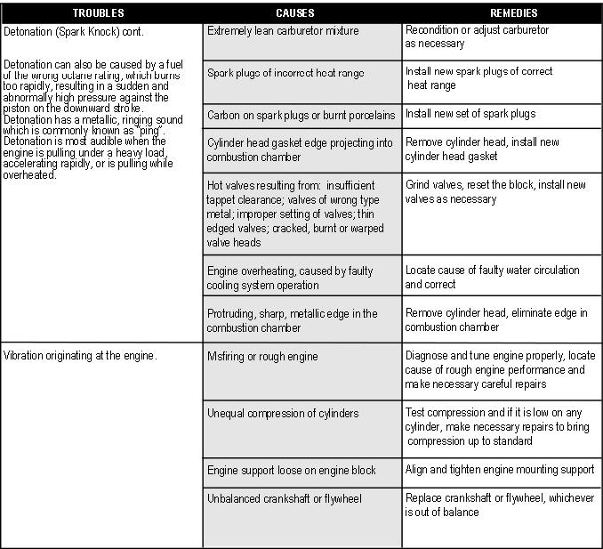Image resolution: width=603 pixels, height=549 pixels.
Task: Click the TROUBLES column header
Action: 99,13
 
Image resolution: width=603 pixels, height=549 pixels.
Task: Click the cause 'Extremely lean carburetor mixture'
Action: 283,31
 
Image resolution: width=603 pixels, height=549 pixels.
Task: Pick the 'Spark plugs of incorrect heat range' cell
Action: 285,73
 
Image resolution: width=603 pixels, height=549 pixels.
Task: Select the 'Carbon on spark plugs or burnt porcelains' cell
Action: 301,116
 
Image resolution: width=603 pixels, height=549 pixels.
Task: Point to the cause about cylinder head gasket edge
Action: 299,149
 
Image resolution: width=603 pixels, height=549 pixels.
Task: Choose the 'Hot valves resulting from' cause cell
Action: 295,214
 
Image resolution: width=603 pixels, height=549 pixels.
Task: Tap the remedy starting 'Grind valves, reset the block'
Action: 495,192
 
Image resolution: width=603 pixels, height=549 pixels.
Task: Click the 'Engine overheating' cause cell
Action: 289,278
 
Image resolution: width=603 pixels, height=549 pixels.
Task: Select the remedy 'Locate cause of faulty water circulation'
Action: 492,277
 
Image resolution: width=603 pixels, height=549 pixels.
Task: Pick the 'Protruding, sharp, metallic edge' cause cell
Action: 292,320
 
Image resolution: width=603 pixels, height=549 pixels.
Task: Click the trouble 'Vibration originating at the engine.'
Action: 80,356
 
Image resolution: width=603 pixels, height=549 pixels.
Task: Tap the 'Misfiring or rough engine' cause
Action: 262,357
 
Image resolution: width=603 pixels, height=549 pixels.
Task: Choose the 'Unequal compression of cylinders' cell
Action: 283,414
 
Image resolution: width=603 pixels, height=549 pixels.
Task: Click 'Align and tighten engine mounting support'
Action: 500,471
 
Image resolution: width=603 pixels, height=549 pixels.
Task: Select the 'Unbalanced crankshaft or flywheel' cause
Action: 285,499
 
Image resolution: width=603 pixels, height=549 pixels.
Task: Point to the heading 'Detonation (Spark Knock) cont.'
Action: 73,31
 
